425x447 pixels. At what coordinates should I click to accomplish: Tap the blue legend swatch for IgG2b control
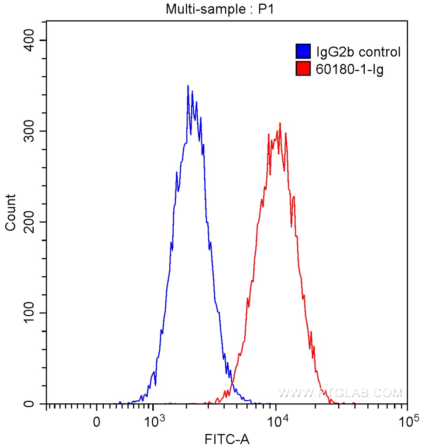click(303, 52)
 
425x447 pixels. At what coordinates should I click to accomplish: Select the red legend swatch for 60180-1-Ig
click(303, 69)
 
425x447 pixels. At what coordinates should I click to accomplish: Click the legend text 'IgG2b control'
click(358, 52)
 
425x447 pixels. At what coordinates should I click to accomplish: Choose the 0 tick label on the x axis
click(97, 423)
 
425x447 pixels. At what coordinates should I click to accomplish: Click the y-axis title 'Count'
click(10, 213)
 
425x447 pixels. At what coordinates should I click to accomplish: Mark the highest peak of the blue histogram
click(188, 86)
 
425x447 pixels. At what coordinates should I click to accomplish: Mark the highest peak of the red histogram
click(280, 123)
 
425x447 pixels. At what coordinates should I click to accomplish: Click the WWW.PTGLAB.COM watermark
click(340, 393)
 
